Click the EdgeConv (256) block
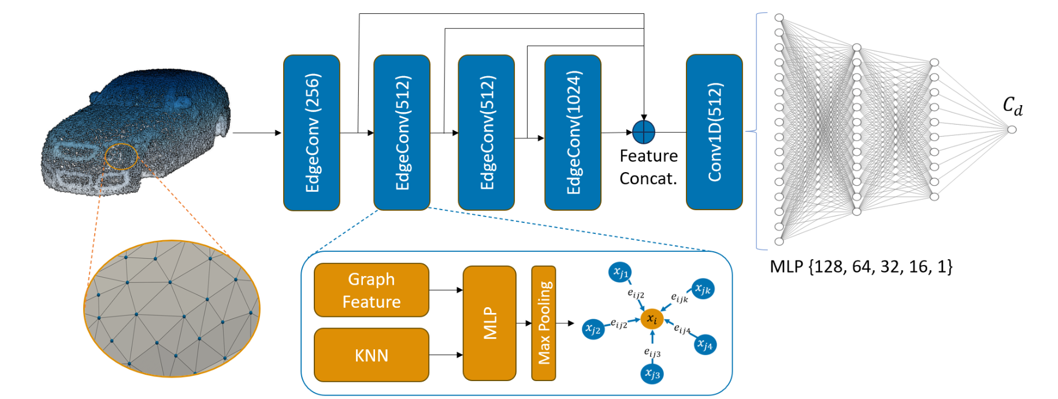311,133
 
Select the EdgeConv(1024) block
573,133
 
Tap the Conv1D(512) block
714,132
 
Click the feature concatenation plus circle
644,132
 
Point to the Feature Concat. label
648,167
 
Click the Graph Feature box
372,290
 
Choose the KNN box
372,355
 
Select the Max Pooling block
544,323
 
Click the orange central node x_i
652,319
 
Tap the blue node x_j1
620,272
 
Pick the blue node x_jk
703,289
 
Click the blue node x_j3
652,374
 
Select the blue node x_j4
705,345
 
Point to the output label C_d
1012,106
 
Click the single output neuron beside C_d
1012,129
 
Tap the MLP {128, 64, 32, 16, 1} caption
861,267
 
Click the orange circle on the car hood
121,156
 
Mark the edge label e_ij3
652,352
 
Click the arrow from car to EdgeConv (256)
257,133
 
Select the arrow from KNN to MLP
446,355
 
